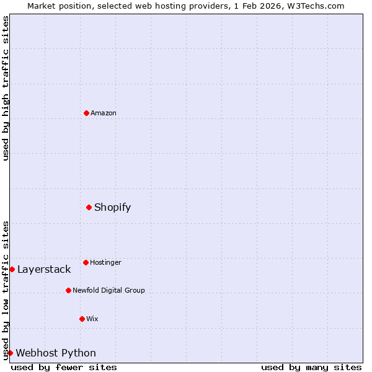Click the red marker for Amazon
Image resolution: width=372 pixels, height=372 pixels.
point(86,113)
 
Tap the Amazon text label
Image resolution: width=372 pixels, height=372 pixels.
point(104,113)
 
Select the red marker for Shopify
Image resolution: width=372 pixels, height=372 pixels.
point(89,207)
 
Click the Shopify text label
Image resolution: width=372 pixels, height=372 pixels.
point(112,208)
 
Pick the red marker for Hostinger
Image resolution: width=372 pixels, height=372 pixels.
point(86,262)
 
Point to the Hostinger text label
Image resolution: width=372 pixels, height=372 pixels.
point(105,262)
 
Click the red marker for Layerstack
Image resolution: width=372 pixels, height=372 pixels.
point(12,269)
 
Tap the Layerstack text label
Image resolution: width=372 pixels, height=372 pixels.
point(44,269)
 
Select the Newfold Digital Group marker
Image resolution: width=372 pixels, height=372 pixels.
point(68,290)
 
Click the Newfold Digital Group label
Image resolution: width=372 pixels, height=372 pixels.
point(108,290)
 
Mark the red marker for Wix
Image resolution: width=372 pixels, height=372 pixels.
point(82,319)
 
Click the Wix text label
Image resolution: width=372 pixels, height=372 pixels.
point(92,319)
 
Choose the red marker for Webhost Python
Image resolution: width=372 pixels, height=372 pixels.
point(10,353)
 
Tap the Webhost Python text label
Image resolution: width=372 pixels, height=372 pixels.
point(56,353)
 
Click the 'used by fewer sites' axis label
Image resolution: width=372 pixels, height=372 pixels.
point(64,367)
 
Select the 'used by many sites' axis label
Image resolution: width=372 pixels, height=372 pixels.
point(311,367)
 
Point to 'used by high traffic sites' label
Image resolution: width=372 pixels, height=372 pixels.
point(6,88)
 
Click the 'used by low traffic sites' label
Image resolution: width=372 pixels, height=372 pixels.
point(6,290)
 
